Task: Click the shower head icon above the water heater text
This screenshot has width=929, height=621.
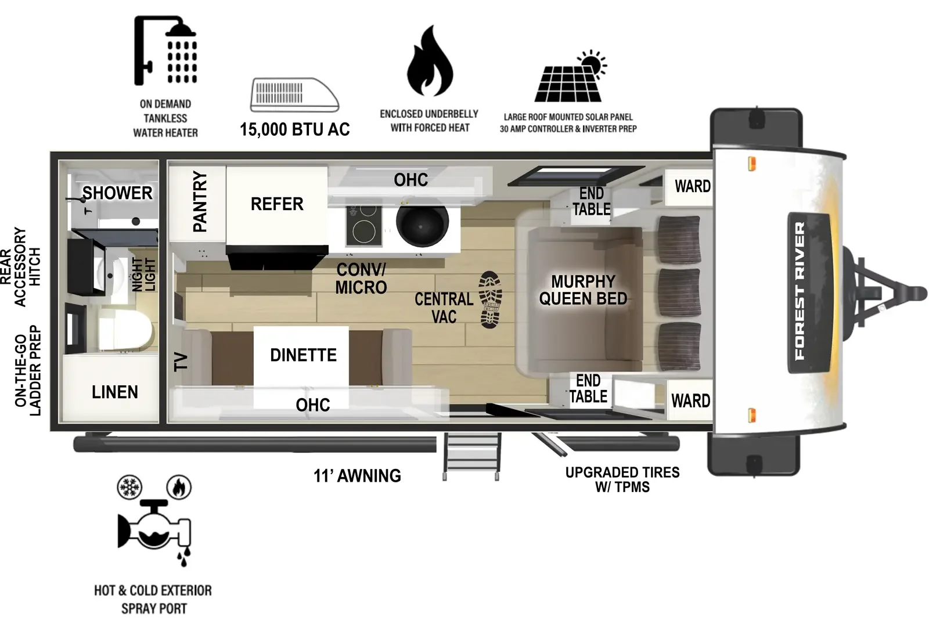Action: [165, 50]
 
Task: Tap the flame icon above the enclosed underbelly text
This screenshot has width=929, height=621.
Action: [429, 62]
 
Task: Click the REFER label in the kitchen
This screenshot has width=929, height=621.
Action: [277, 204]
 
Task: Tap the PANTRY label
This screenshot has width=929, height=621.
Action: [199, 201]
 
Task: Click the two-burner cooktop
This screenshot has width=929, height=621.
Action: [364, 225]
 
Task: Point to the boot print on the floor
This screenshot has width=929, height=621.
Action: [490, 299]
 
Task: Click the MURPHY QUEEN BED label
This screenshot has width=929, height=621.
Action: [583, 290]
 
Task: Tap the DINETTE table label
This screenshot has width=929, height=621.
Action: [303, 355]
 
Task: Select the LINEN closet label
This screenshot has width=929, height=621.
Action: [115, 392]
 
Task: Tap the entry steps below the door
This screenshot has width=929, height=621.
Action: [471, 456]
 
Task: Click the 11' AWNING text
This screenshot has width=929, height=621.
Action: [357, 476]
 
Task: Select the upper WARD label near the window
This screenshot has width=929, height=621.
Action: [692, 186]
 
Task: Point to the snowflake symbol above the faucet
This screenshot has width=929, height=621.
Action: [129, 487]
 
